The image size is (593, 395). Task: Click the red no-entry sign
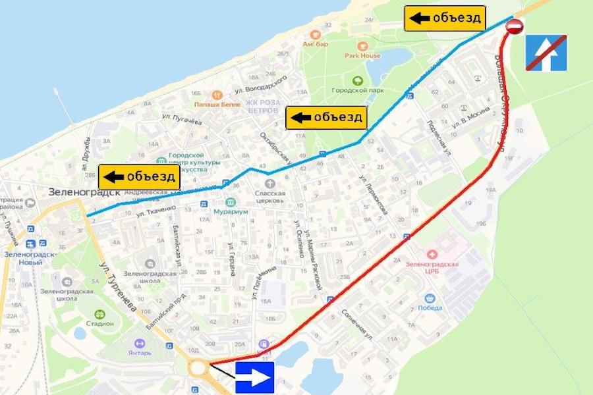(515, 26)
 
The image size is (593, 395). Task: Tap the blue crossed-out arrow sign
(546, 53)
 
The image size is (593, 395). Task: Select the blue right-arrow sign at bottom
(255, 377)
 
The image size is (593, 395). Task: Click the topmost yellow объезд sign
(445, 18)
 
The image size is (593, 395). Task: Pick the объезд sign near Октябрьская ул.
(325, 118)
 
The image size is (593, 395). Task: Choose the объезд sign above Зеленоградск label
(139, 176)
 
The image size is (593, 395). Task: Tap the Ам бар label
(316, 44)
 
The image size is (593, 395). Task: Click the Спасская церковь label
(270, 197)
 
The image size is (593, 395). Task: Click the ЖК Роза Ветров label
(263, 107)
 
